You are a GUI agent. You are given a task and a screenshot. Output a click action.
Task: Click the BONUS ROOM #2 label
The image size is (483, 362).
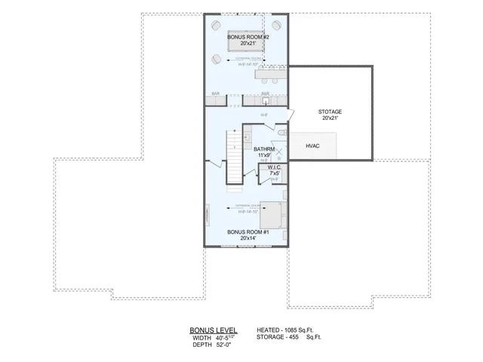tap(245, 35)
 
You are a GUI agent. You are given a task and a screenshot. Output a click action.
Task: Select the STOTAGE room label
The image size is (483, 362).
tap(330, 112)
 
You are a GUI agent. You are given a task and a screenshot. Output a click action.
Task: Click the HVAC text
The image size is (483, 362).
tap(313, 146)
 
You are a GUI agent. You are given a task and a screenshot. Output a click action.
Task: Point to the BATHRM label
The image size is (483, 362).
tap(264, 149)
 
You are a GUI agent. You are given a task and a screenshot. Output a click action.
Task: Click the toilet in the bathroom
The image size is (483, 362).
tap(281, 133)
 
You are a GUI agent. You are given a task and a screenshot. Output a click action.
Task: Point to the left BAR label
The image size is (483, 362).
tap(216, 94)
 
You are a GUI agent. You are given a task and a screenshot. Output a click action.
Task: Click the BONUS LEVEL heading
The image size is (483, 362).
tap(213, 330)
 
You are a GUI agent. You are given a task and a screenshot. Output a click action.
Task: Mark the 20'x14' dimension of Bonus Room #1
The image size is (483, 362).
tap(245, 238)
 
